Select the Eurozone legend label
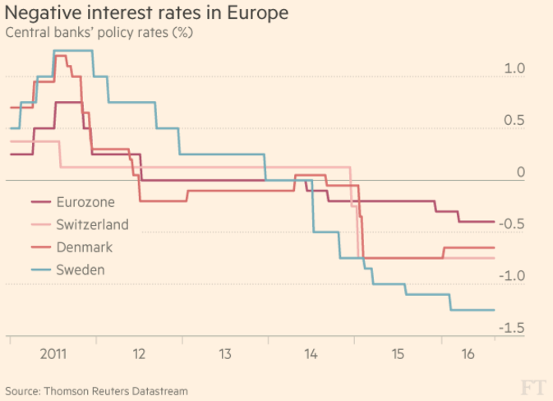(x=85, y=201)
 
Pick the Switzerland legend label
(x=92, y=224)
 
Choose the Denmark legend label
(x=85, y=247)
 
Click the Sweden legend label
(x=81, y=270)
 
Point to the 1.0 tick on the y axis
(x=515, y=69)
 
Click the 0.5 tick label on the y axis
(x=515, y=121)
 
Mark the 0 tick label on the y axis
(x=520, y=173)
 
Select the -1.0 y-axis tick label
(x=513, y=276)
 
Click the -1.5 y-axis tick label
(x=513, y=328)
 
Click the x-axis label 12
(x=138, y=355)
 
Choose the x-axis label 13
(x=224, y=355)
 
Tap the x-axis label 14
(x=311, y=355)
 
